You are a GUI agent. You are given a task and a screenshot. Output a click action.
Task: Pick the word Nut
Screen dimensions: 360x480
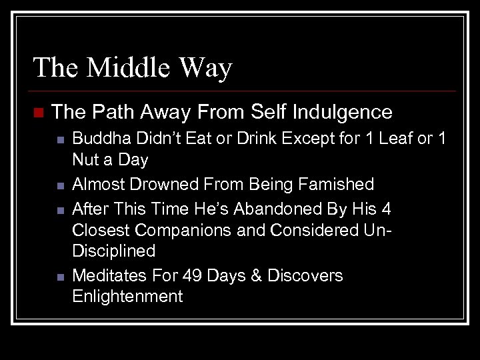pyautogui.click(x=85, y=160)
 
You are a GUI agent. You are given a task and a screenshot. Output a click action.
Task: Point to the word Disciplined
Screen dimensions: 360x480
pyautogui.click(x=113, y=251)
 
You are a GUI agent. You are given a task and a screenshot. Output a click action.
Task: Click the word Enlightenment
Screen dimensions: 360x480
pyautogui.click(x=127, y=297)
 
